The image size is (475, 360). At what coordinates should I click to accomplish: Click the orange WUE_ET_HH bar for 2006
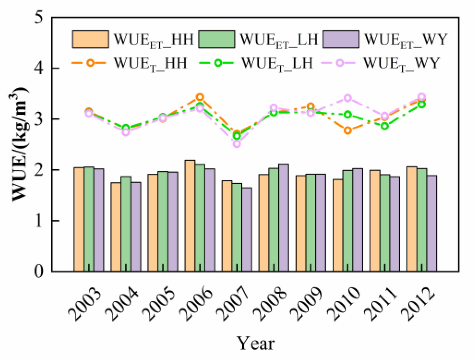click(190, 216)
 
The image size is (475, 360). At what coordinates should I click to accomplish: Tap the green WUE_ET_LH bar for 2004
click(126, 224)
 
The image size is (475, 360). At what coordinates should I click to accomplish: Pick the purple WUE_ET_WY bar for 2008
click(283, 218)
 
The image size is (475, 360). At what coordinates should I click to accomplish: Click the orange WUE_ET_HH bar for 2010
click(338, 225)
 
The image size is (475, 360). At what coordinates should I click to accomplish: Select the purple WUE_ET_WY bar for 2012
click(431, 223)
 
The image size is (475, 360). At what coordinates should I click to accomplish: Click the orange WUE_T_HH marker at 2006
click(200, 97)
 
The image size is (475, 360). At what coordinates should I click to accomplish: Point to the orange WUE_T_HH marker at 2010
click(348, 130)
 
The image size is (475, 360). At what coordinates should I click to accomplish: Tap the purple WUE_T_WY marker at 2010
click(348, 98)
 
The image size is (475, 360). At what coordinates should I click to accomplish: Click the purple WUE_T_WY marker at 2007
click(237, 144)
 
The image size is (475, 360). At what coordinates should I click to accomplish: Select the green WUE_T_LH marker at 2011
click(385, 126)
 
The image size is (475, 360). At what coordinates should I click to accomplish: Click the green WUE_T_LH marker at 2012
click(422, 104)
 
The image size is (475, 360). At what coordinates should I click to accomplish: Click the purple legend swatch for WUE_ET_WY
click(341, 39)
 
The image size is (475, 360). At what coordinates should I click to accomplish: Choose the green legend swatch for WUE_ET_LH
click(216, 39)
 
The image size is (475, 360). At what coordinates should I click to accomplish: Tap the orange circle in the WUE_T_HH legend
click(90, 63)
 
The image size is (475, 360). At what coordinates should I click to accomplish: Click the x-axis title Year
click(255, 343)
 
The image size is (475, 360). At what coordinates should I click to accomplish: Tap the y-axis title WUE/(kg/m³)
click(20, 144)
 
